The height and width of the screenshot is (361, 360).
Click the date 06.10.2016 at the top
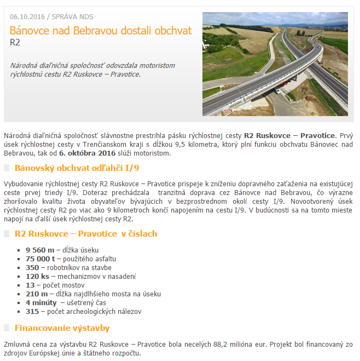click(x=26, y=16)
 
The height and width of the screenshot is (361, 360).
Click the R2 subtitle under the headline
click(x=15, y=42)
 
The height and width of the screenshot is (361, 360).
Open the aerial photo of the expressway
click(x=275, y=64)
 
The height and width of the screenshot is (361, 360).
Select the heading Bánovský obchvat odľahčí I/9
click(x=77, y=168)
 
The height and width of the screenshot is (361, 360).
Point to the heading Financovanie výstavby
click(x=62, y=328)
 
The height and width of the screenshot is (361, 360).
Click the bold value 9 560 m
click(x=39, y=250)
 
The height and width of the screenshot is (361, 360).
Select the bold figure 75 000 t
click(x=40, y=259)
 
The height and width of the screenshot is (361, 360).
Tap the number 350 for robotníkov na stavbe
click(x=32, y=267)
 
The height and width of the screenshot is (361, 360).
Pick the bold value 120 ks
click(x=37, y=276)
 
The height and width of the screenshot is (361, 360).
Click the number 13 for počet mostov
click(x=30, y=285)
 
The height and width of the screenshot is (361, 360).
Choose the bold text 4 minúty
click(x=41, y=302)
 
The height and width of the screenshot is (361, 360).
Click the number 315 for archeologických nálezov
click(x=32, y=311)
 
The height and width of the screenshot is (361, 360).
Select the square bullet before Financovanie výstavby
click(x=7, y=329)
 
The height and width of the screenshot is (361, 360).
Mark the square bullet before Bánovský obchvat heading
click(x=7, y=168)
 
